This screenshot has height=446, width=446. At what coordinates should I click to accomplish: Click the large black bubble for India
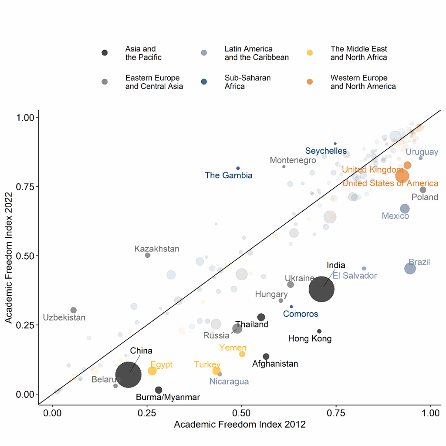coord(321,289)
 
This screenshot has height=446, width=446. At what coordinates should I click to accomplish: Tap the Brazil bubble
coord(410,268)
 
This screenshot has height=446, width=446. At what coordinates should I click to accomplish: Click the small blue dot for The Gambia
coord(238,168)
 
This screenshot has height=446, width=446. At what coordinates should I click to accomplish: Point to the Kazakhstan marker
coord(148,255)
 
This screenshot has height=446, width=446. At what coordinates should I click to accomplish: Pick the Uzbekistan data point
coord(74,310)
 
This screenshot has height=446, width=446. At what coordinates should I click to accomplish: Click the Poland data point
coord(422,190)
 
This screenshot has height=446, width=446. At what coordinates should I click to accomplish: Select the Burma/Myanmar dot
coord(159,390)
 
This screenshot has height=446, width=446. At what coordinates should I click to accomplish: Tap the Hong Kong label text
coord(310,339)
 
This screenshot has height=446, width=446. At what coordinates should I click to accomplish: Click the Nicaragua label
coord(229,382)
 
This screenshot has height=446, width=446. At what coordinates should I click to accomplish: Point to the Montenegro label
coord(293,160)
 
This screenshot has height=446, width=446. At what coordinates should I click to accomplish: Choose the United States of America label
coord(390,183)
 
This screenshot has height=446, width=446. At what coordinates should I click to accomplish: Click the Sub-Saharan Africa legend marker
coord(204,82)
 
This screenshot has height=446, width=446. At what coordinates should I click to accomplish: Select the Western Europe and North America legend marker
coord(310,82)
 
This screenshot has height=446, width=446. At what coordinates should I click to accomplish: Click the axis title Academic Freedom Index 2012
coord(240,425)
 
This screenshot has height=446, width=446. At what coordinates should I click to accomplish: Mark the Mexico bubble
coord(405,209)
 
